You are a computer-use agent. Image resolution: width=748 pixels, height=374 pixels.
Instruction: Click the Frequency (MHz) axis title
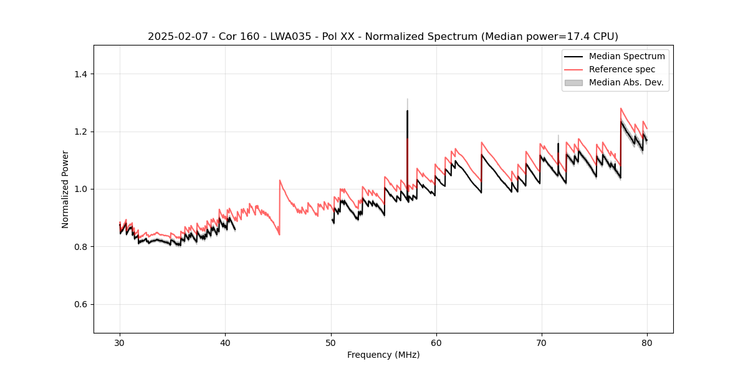tap(383, 355)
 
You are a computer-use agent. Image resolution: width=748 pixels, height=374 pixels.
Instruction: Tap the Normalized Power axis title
tap(65, 189)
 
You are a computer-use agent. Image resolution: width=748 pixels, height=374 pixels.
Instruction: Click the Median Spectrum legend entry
tap(626, 56)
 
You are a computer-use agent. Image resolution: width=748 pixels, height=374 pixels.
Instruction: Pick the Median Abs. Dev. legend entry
tap(626, 82)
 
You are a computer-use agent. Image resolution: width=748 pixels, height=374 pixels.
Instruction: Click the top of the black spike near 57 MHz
tap(407, 111)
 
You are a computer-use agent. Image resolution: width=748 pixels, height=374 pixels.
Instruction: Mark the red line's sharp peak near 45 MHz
tap(280, 180)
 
